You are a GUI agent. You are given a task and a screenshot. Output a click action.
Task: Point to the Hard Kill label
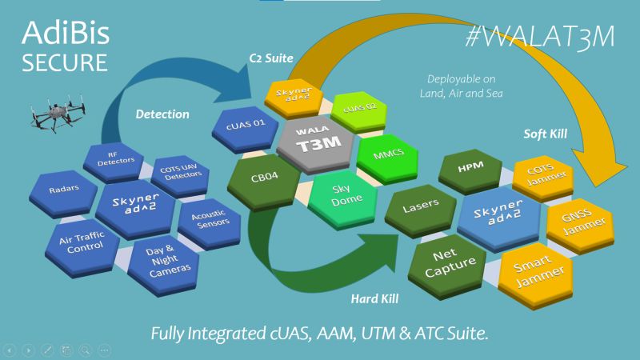pos(374,299)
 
